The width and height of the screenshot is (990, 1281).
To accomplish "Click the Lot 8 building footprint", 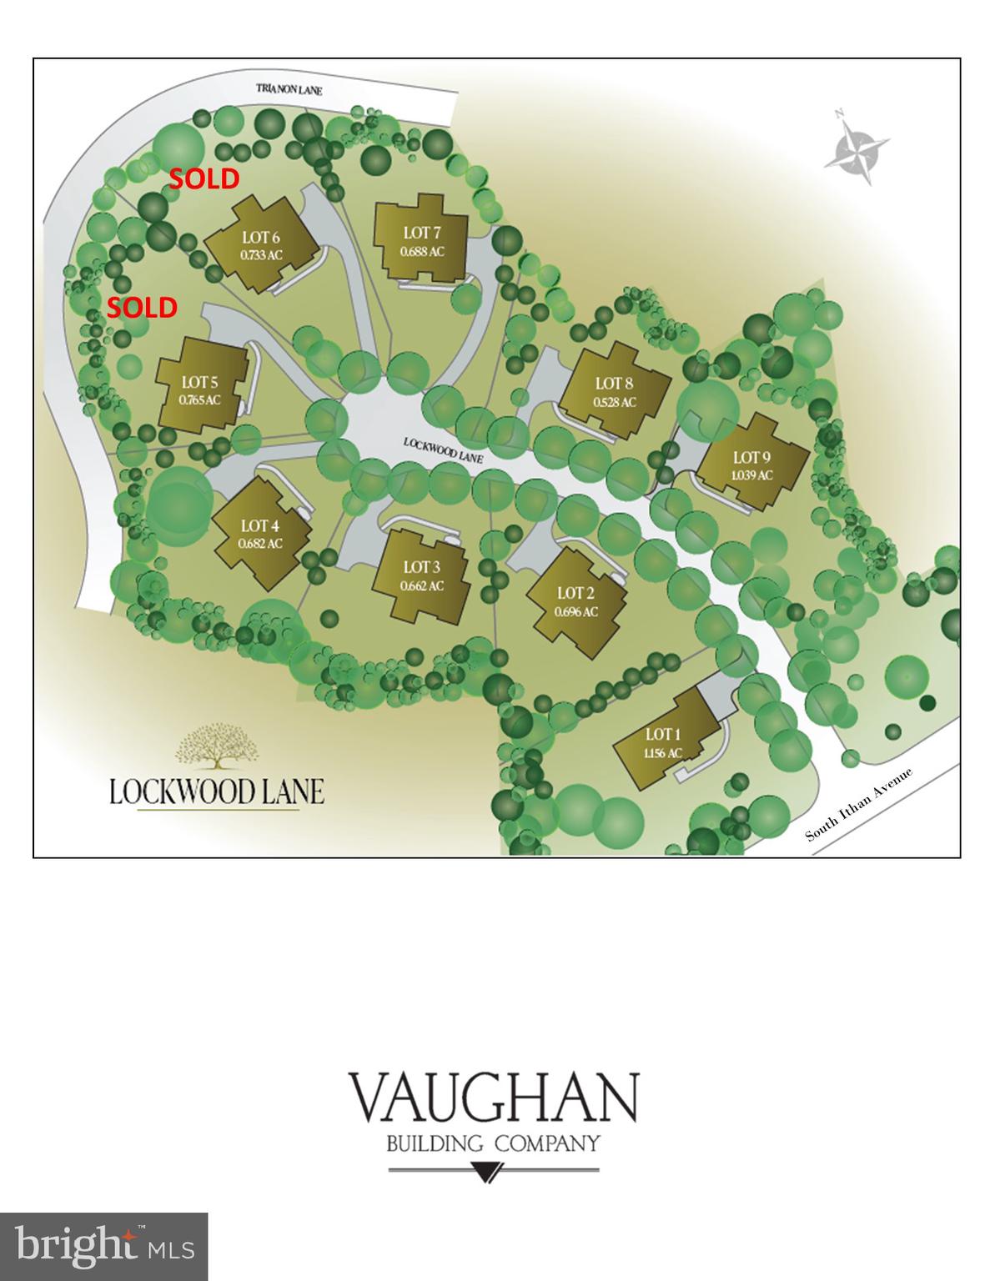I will coord(615,391).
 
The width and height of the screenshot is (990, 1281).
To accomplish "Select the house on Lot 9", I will coord(751,465).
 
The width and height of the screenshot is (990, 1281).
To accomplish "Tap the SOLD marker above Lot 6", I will coord(204,178).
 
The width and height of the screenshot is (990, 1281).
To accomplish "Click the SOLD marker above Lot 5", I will coord(142,308).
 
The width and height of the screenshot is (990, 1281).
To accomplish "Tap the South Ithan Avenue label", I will coord(860,804).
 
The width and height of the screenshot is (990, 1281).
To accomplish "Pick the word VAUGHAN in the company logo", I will coord(493,1098).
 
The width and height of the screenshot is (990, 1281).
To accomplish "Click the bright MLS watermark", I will coord(104,1247).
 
